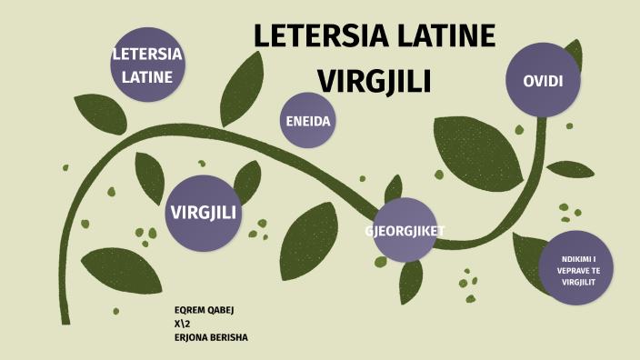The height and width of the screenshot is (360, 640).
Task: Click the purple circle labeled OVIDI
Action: point(544,81)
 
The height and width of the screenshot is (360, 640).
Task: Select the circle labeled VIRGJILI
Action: point(203,213)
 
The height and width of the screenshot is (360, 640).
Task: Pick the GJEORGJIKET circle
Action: point(405,230)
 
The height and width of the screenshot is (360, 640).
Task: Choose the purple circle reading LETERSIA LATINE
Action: point(147,65)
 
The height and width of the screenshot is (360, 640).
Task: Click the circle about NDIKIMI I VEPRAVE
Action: point(576,271)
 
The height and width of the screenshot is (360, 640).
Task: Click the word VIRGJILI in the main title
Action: point(374,80)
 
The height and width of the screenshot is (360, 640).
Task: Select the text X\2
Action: point(182,324)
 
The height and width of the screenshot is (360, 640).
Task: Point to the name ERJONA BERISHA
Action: point(211,337)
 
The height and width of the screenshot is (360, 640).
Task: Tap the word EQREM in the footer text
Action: point(187,310)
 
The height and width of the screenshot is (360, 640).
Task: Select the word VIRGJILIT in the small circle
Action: point(576,282)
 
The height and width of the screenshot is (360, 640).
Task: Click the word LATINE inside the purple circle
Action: point(147,76)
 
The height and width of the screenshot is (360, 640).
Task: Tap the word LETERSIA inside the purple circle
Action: point(147,54)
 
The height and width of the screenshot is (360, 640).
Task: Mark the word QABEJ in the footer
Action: point(219,310)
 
